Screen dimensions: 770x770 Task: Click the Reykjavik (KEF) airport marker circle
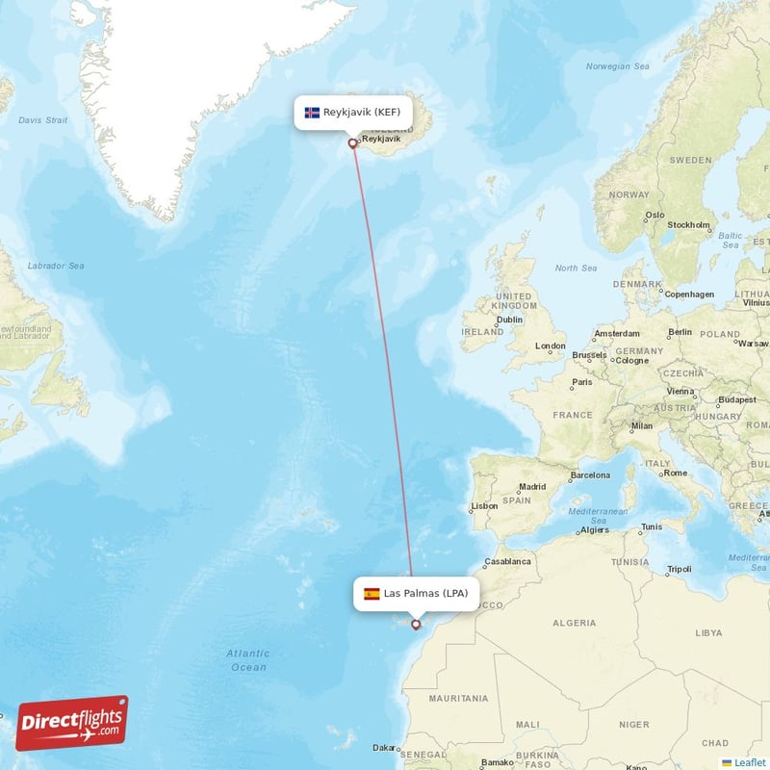[x=353, y=143]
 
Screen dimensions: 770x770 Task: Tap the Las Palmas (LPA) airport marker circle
[x=416, y=625]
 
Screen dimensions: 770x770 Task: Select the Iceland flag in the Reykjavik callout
[x=312, y=113]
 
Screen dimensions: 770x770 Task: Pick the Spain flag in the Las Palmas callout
[x=372, y=594]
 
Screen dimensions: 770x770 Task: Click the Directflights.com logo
[x=71, y=723]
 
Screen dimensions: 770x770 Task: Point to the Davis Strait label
[x=43, y=120]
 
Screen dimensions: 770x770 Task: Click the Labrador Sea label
[x=56, y=266]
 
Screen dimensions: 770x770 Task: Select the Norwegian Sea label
[x=619, y=66]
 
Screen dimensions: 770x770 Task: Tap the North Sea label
[x=576, y=268]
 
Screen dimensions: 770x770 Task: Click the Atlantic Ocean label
[x=248, y=660]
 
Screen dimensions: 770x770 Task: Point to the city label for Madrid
[x=532, y=487]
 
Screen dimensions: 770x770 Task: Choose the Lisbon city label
[x=484, y=506]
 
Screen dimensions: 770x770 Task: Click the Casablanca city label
[x=506, y=561]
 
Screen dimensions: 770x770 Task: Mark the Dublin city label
[x=509, y=320]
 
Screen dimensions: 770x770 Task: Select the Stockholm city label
[x=689, y=225]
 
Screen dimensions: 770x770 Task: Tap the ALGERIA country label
[x=574, y=623]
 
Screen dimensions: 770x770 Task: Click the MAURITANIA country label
[x=458, y=699]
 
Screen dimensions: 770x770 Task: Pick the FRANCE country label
[x=573, y=415]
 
